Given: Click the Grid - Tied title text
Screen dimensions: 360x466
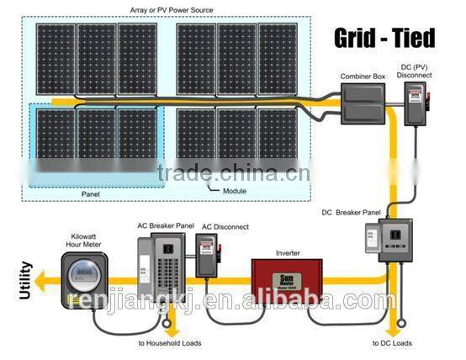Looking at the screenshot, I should pyautogui.click(x=385, y=38).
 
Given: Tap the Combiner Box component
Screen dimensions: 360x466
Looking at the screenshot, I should pyautogui.click(x=363, y=105).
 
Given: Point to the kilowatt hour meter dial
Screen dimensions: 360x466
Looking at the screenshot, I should pyautogui.click(x=81, y=273).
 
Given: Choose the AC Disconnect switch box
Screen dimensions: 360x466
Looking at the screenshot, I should pyautogui.click(x=207, y=256).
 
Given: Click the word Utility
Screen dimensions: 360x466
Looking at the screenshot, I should pyautogui.click(x=25, y=281).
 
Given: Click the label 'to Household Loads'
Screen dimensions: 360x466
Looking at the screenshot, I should pyautogui.click(x=169, y=343).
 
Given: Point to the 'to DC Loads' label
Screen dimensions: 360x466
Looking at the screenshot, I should pyautogui.click(x=393, y=343).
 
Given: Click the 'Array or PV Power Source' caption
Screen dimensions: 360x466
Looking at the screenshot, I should pyautogui.click(x=172, y=9).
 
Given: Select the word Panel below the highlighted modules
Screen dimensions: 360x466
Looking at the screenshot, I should pyautogui.click(x=92, y=193).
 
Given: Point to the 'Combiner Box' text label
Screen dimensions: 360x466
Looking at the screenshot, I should pyautogui.click(x=363, y=77).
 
